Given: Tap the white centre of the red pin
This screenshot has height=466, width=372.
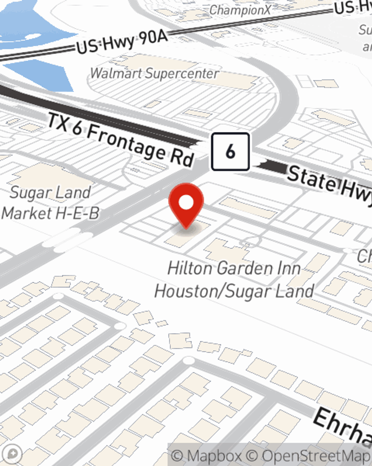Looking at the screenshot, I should click(186, 203).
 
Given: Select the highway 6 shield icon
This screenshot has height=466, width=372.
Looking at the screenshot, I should click(230, 152).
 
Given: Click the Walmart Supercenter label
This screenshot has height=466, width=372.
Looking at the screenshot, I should click(154, 73).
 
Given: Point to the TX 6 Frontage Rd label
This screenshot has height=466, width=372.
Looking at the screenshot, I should click(121, 140).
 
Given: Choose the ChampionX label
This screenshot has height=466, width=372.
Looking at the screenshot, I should click(240, 10).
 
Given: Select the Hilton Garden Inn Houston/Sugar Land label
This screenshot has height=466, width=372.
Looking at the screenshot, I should click(234, 280).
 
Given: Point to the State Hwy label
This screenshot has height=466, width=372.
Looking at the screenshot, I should click(329, 185).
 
